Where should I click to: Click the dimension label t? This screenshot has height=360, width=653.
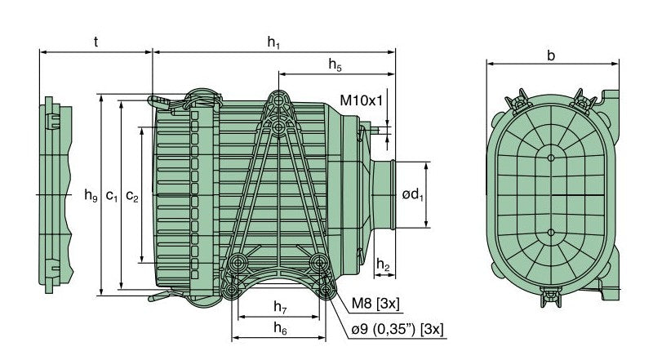(96, 42)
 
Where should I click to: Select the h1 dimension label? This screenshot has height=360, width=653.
(274, 42)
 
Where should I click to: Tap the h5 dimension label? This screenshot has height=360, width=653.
(335, 64)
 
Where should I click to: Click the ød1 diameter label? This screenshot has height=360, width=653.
(413, 194)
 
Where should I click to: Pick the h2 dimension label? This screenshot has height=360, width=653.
(383, 266)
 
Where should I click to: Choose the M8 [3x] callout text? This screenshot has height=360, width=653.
(375, 304)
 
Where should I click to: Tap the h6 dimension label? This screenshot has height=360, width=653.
(279, 328)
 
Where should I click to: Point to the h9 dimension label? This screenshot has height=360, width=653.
(91, 195)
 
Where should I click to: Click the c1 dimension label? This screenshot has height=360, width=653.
(112, 195)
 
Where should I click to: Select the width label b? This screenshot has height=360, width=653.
(552, 56)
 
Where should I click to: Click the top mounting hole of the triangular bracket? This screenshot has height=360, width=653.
(280, 98)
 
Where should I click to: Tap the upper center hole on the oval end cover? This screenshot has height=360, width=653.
(552, 156)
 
